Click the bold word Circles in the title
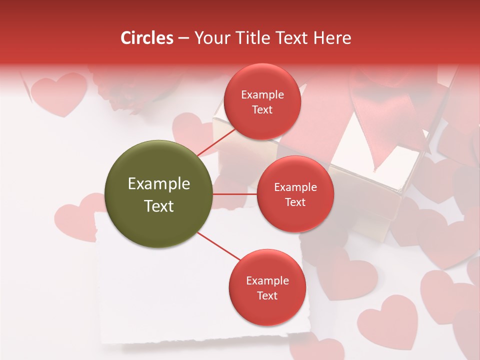click(x=146, y=38)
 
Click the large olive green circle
click(x=158, y=194)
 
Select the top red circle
click(x=262, y=101)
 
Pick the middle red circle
click(x=295, y=194)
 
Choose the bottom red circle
click(x=267, y=287)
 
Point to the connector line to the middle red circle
click(x=234, y=194)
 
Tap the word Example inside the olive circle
click(x=158, y=184)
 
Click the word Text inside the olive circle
click(x=158, y=206)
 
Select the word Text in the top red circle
click(x=262, y=109)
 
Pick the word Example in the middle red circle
click(x=295, y=187)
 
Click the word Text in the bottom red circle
click(x=267, y=295)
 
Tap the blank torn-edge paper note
click(x=150, y=300)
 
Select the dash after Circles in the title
click(x=183, y=38)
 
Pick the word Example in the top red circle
click(x=262, y=94)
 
